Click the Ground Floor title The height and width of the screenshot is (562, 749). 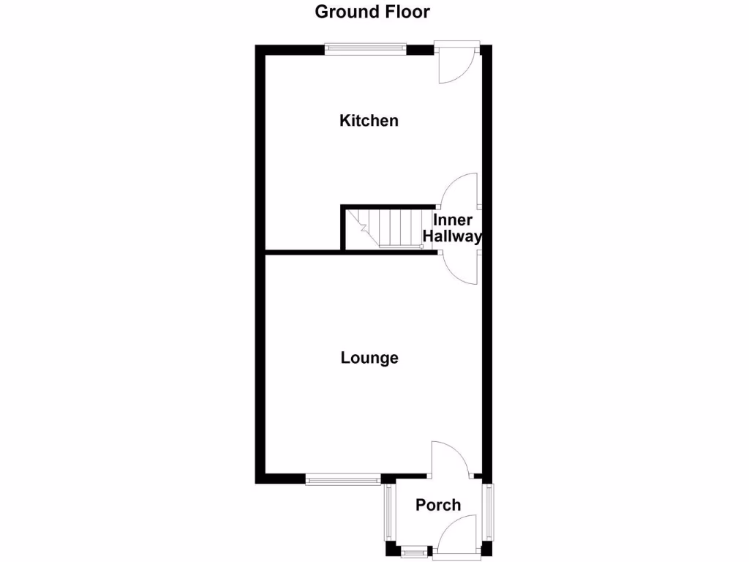click(x=372, y=12)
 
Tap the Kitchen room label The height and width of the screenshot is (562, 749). click(x=369, y=121)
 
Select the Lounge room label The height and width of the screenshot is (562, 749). click(x=369, y=358)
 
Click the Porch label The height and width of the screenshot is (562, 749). click(x=438, y=505)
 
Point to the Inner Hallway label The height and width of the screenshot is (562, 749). click(x=453, y=228)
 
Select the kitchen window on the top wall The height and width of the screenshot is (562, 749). click(x=366, y=49)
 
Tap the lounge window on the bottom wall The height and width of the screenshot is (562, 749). click(x=342, y=480)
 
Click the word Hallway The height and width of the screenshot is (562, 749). click(x=453, y=236)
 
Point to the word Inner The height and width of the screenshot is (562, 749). click(x=453, y=220)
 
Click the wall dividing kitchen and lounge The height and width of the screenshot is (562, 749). click(x=304, y=252)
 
